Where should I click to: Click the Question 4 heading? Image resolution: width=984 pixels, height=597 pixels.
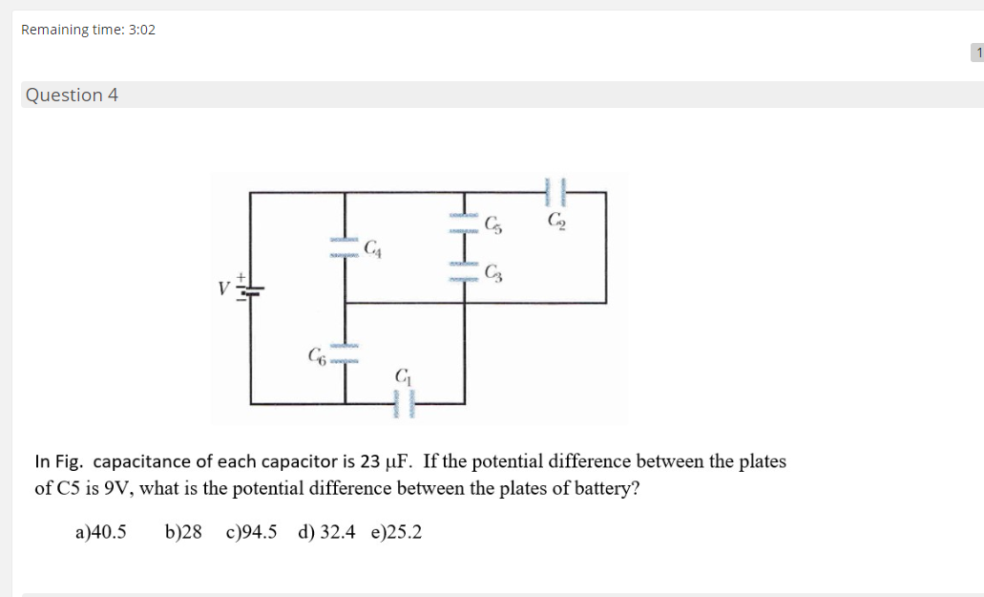tap(72, 95)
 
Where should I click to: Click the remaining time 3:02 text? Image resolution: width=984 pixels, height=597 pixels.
tap(88, 30)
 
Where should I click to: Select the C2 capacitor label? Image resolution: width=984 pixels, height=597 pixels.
tap(556, 221)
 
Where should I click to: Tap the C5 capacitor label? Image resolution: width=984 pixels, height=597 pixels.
tap(493, 224)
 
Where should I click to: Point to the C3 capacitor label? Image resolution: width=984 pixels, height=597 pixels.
tap(493, 272)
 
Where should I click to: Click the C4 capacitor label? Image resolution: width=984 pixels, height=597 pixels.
tap(373, 248)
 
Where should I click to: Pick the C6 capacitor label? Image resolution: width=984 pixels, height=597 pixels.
tap(317, 356)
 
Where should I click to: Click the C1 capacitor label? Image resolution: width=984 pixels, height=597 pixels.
tap(404, 376)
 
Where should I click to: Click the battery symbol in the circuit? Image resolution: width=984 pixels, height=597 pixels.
tap(250, 290)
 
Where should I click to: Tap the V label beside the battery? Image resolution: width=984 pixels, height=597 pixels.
tap(223, 288)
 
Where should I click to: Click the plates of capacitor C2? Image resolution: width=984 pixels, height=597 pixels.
tap(555, 192)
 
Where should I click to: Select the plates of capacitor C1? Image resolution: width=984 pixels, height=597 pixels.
tap(404, 404)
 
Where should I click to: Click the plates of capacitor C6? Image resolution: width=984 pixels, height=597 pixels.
tap(345, 353)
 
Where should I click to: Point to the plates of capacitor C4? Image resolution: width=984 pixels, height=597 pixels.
tap(345, 247)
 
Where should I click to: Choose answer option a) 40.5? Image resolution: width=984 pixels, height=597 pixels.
tap(100, 532)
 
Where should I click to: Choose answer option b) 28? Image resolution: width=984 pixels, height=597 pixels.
tap(183, 532)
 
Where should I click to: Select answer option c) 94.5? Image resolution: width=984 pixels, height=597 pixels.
tap(251, 532)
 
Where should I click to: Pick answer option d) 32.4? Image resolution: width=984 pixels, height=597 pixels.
tap(326, 532)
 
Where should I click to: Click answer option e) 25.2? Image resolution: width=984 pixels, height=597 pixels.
tap(397, 532)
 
